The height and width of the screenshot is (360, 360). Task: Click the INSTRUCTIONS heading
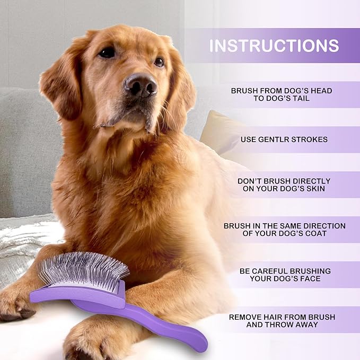[x=274, y=46]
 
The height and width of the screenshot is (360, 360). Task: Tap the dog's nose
[x=141, y=84]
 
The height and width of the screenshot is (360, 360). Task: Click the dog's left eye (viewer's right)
[x=159, y=62]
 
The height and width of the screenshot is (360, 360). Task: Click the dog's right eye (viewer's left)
[x=108, y=52]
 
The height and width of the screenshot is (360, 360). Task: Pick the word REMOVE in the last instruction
[x=245, y=317]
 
